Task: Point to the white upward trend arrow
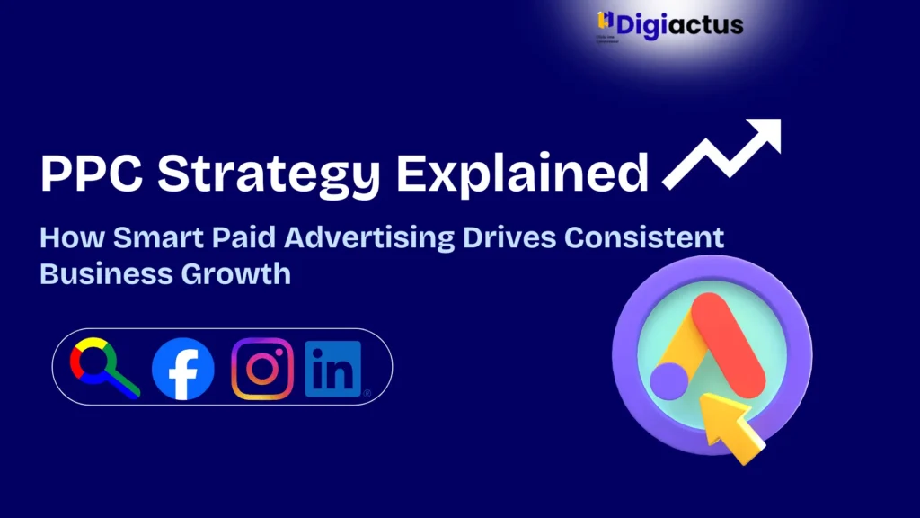723,154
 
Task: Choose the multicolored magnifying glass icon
102,368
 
